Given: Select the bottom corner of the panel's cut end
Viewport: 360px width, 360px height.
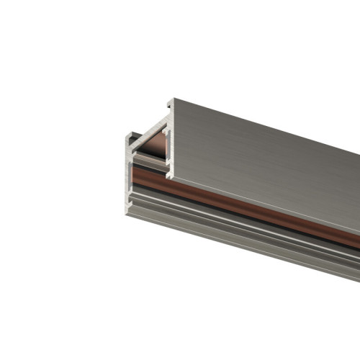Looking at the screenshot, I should pyautogui.click(x=170, y=176).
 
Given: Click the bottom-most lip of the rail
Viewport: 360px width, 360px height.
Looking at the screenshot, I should pyautogui.click(x=245, y=251).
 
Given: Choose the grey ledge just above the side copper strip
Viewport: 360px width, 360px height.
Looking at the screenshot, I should pyautogui.click(x=216, y=192).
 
